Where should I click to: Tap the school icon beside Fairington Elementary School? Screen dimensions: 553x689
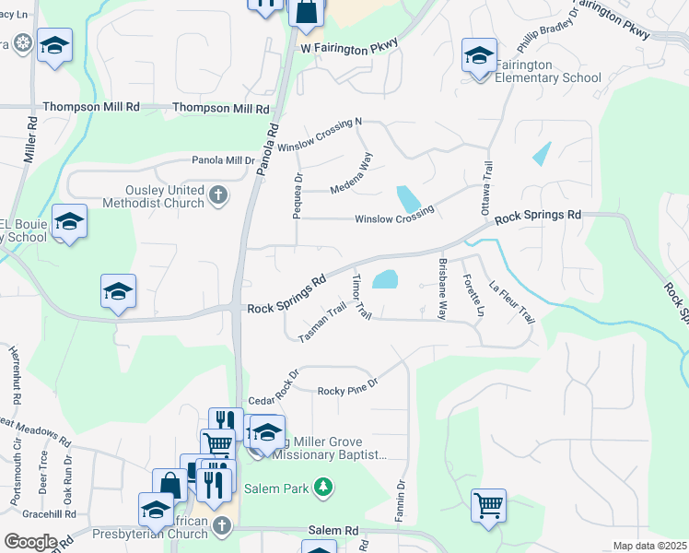pos(479,57)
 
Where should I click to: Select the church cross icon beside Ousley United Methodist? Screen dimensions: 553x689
pos(218,194)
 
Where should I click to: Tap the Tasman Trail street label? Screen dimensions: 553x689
pos(321,325)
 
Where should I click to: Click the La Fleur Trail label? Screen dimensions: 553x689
pos(512,301)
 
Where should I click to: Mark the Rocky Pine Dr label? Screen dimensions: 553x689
pos(348,389)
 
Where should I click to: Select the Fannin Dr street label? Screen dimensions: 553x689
pos(401,499)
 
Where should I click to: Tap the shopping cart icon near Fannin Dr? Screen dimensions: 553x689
pos(487,505)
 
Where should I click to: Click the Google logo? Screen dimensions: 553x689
pos(29,542)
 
